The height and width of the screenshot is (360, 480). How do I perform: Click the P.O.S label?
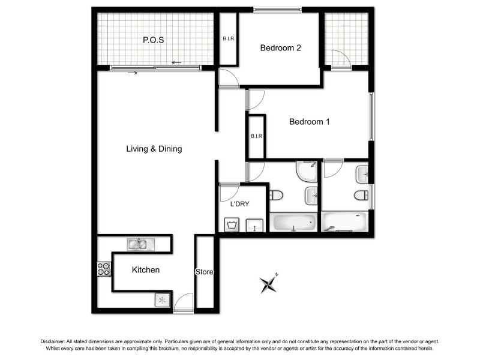(x=154, y=40)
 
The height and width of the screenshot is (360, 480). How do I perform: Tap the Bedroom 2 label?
(x=280, y=49)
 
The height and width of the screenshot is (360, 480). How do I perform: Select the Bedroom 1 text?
(x=310, y=122)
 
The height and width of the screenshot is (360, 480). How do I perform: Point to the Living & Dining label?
(x=154, y=149)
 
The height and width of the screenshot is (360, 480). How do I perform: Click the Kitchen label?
(x=146, y=270)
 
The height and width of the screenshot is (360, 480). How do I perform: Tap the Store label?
(x=205, y=272)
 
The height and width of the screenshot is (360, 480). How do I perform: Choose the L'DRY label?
(x=240, y=204)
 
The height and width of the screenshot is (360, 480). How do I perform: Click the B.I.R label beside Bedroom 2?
(x=229, y=39)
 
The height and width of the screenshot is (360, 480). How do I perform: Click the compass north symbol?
(x=268, y=283)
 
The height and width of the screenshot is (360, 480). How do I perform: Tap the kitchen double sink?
(x=140, y=244)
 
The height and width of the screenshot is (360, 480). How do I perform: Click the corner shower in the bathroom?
(x=307, y=172)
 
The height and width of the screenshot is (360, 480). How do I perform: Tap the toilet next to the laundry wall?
(x=277, y=196)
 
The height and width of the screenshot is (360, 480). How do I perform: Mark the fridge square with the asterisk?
(x=162, y=299)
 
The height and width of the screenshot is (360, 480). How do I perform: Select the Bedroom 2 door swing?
(x=228, y=78)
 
